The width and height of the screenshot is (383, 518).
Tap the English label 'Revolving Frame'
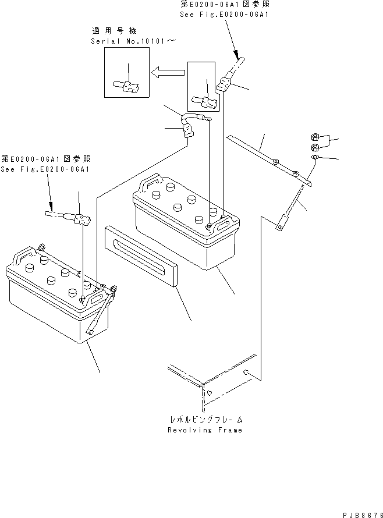point(204,430)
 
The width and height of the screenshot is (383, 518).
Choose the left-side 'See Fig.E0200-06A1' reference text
point(45,169)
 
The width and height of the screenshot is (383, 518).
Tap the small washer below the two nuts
point(314,157)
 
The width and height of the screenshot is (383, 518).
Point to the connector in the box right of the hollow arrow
point(207,101)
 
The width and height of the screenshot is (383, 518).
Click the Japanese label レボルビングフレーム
point(204,419)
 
